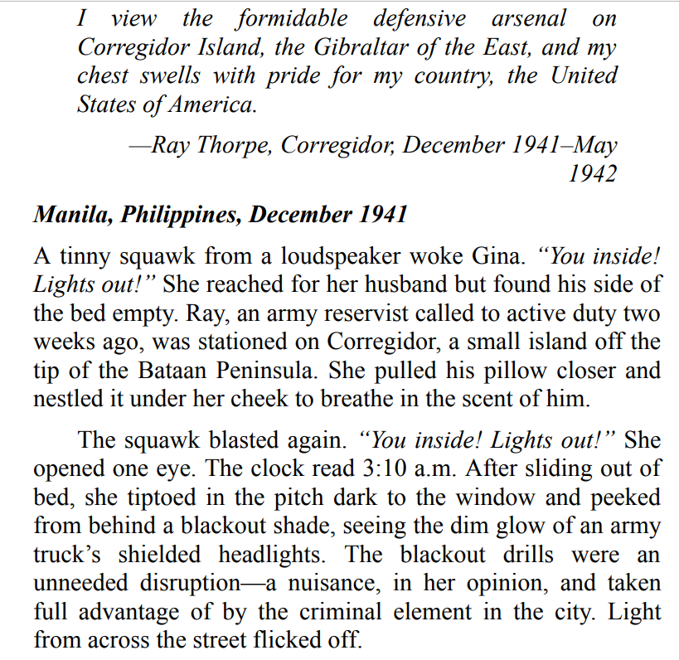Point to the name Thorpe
(x=234, y=145)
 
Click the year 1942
(x=592, y=173)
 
